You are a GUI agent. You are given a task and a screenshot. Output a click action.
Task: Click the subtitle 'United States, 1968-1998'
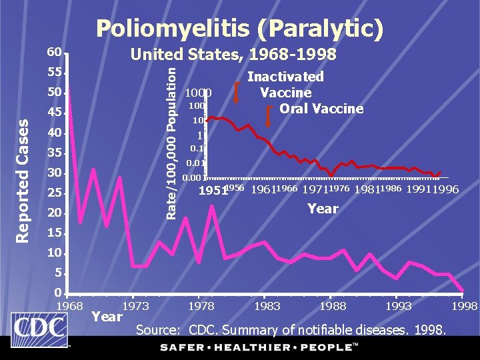[x=233, y=54]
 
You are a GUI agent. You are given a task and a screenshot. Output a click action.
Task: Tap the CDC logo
[x=39, y=329]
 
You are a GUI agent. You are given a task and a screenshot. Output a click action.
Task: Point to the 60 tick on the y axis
[x=54, y=52]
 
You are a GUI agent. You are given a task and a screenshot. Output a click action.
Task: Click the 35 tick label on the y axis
[x=54, y=153]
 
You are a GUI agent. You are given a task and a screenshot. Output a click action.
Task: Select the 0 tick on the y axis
[x=58, y=293]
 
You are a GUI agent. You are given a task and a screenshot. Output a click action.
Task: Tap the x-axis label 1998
[x=465, y=306]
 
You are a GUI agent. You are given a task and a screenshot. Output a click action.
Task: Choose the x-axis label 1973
[x=135, y=306]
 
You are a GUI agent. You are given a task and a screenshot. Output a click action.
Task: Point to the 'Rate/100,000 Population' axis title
[x=171, y=141]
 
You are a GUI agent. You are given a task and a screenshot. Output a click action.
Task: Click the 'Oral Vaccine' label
[x=321, y=108]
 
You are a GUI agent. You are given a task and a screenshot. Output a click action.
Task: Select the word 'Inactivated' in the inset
[x=285, y=77]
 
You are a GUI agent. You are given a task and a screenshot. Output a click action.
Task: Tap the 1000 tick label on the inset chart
[x=198, y=93]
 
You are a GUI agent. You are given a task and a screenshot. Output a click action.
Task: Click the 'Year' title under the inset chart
[x=323, y=209]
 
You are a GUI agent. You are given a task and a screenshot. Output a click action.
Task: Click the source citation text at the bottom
[x=292, y=329]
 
